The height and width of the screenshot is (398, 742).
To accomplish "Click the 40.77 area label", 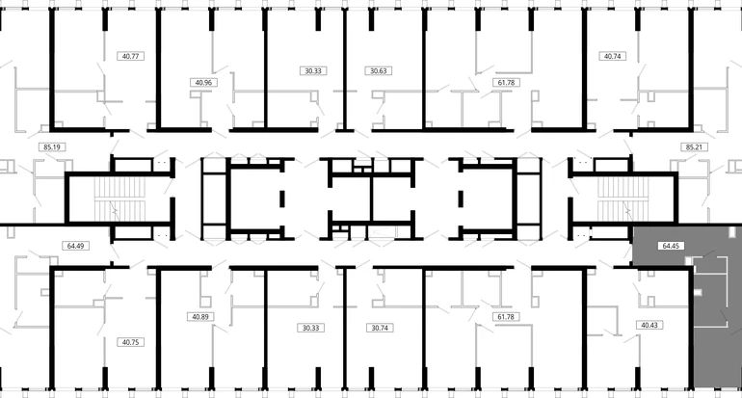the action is (x=131, y=56).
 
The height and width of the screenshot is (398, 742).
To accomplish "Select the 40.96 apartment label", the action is (x=203, y=82).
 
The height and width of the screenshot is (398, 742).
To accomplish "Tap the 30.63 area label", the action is (x=379, y=71).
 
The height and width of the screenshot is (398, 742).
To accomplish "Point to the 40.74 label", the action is (x=612, y=56).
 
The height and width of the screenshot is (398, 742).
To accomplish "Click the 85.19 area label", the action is (x=52, y=147).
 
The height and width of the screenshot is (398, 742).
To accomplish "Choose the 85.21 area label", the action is (x=694, y=147).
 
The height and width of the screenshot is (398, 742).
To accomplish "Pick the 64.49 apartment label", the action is (x=76, y=246).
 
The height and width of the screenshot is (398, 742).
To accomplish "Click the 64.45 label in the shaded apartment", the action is (x=671, y=246).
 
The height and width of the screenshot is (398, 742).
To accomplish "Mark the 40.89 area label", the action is (x=200, y=317).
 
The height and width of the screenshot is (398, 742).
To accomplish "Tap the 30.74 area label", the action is (x=380, y=328).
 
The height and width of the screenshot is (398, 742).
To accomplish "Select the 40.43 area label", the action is (x=649, y=325).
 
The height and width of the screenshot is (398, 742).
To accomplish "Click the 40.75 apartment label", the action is (x=131, y=342).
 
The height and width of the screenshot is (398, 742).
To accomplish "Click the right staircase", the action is (x=623, y=199).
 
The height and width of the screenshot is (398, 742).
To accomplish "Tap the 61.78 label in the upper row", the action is (x=506, y=82).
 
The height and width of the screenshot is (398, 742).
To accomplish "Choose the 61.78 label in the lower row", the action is (x=506, y=317).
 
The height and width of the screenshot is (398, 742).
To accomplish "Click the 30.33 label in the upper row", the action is (x=313, y=71).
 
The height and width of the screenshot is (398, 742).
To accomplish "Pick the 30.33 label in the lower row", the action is (x=311, y=328).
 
